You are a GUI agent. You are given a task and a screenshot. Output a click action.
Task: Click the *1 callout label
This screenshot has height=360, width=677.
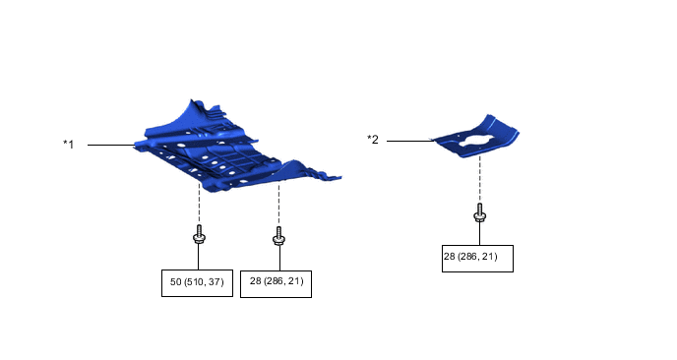tap(69, 145)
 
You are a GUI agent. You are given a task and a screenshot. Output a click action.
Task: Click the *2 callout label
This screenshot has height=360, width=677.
tap(373, 140)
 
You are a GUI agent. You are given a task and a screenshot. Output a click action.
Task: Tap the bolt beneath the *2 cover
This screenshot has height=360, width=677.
tap(479, 213)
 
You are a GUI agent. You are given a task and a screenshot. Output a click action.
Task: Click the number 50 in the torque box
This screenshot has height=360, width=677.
tap(175, 282)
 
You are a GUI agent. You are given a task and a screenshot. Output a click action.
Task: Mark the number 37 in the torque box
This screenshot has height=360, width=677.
tap(217, 282)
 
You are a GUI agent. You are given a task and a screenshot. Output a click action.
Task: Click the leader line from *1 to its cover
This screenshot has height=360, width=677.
tap(110, 146)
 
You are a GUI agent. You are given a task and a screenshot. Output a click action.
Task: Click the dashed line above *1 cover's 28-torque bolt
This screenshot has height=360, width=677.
tap(279, 202)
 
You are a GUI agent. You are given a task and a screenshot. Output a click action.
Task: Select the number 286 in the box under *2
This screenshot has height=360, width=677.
tap(469, 257)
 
